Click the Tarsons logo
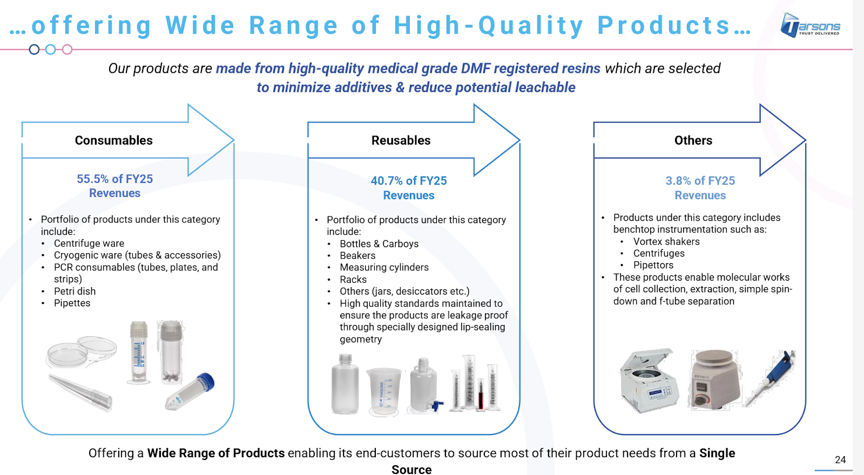(810, 25)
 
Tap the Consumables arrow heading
(113, 140)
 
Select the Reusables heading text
(401, 140)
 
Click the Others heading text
(693, 140)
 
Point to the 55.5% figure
(92, 179)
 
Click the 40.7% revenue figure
(387, 181)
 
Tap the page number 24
(840, 459)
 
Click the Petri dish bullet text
(75, 291)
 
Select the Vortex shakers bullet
(666, 242)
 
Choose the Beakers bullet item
(357, 256)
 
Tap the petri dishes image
(82, 351)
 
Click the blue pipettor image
(770, 378)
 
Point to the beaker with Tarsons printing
(384, 391)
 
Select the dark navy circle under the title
(35, 49)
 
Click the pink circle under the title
(67, 49)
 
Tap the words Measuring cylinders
(384, 267)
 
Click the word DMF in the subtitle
(475, 69)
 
